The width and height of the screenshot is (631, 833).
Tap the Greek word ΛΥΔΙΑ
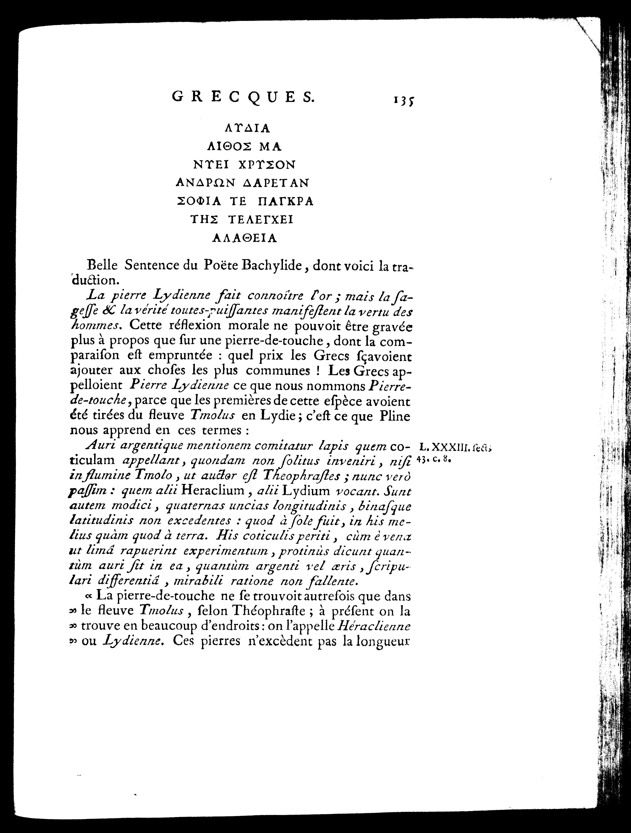[x=247, y=128]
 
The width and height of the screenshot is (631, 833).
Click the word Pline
[x=395, y=416]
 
